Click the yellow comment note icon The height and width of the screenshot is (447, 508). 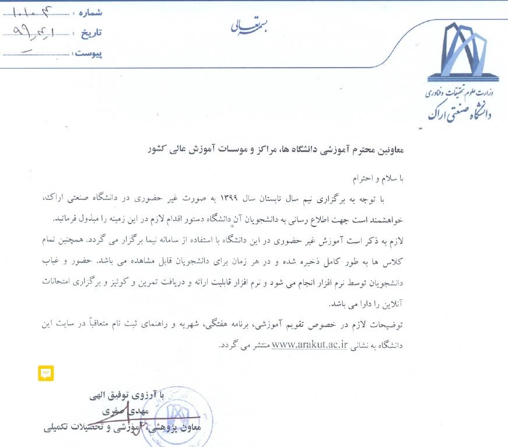(46, 373)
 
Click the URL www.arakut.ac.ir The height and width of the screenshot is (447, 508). (310, 344)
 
